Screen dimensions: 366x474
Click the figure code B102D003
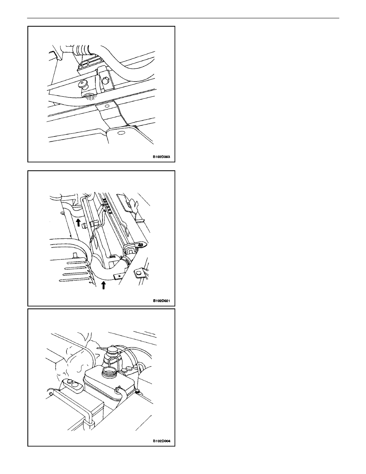161,157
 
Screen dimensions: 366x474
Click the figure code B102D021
161,301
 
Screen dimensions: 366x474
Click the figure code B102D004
161,441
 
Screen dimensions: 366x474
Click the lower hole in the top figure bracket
120,133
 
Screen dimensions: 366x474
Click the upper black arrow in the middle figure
78,222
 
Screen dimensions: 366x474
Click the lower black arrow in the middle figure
103,285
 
